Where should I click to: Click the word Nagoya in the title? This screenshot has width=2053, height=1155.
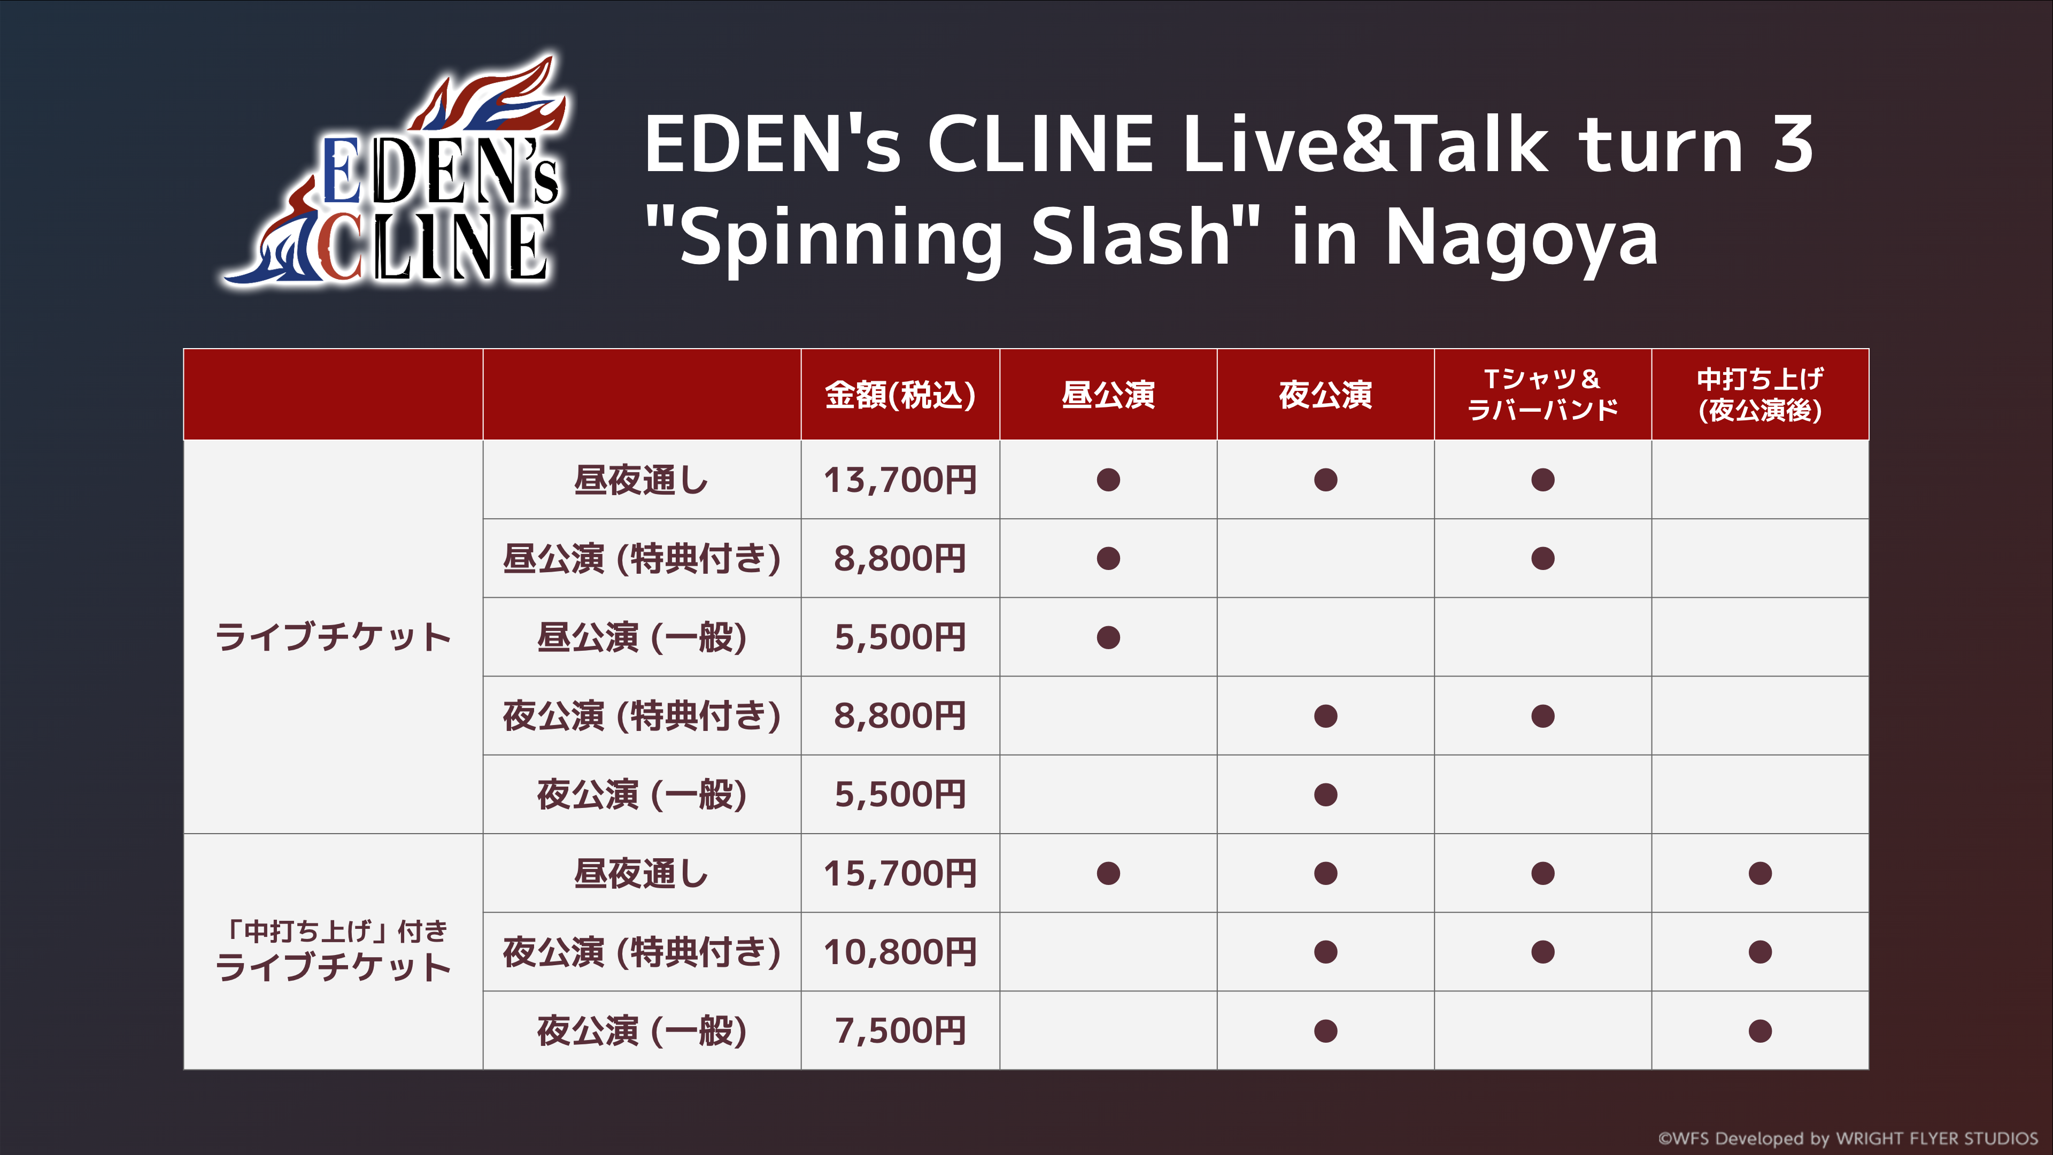point(1522,237)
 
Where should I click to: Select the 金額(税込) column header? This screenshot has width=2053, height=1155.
point(900,395)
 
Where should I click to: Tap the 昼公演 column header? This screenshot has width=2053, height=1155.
point(1108,395)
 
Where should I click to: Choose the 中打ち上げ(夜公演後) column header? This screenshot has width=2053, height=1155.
point(1759,395)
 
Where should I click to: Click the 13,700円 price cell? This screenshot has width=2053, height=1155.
point(900,480)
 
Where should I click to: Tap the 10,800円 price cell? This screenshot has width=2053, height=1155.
point(900,952)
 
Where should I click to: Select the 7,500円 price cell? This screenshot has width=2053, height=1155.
point(900,1030)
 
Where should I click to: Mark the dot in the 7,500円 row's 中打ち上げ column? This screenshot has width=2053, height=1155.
point(1759,1030)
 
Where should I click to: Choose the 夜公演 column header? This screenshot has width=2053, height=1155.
point(1325,395)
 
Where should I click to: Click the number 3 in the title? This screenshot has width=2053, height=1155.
point(1793,143)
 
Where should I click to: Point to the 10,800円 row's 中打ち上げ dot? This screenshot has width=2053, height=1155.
point(1759,952)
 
